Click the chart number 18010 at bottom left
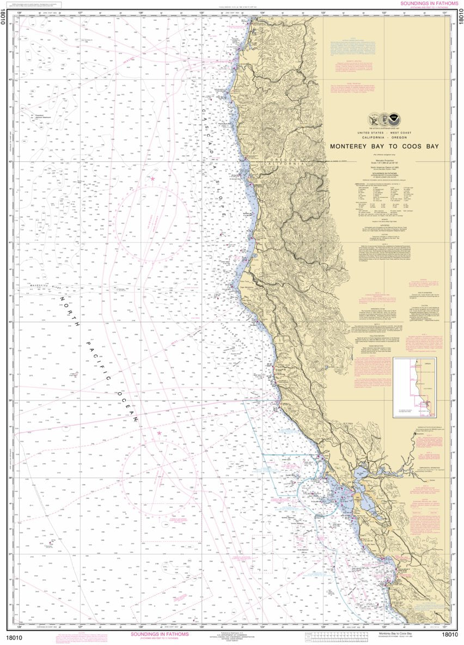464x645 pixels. (13, 634)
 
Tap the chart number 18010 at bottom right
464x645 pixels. (450, 634)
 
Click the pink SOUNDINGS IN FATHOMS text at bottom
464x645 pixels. (160, 634)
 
